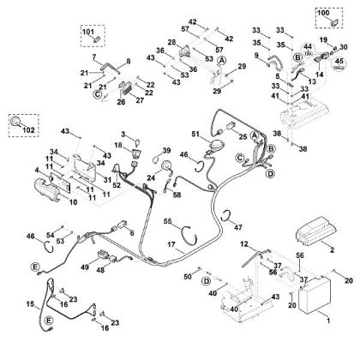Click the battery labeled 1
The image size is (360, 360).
tap(315, 296)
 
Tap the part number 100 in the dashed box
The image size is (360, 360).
tap(323, 13)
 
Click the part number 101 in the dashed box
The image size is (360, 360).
tap(88, 32)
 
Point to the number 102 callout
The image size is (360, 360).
tap(28, 130)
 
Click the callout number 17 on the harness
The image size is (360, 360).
tap(171, 245)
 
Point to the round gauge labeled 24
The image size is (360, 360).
tap(165, 166)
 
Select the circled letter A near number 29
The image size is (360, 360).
tap(222, 60)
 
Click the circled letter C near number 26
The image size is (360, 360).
tap(98, 94)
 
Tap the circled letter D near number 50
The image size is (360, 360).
tap(206, 281)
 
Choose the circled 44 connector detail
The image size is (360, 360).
tap(308, 49)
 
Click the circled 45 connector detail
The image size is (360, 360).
tap(339, 64)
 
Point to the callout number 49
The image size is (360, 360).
tap(85, 267)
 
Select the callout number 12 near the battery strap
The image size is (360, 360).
tap(244, 243)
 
